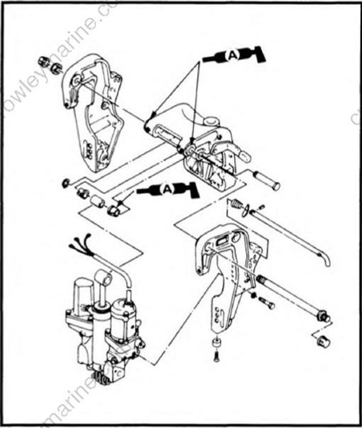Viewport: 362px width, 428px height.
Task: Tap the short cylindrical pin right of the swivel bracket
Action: coord(266,180)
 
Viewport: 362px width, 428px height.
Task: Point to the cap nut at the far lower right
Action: coord(323,340)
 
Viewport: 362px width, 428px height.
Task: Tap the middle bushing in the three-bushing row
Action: coord(96,201)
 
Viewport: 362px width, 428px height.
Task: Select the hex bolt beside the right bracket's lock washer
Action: coord(266,304)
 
